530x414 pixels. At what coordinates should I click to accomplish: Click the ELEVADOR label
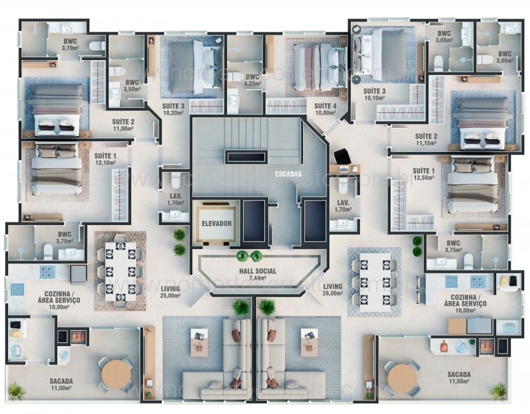(216, 223)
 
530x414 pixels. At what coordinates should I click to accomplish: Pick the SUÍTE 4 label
(325, 106)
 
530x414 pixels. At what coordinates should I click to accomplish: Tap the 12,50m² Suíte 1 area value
(423, 178)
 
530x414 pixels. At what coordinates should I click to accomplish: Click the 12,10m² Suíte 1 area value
(105, 162)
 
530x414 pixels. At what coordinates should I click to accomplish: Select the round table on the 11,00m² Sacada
(116, 374)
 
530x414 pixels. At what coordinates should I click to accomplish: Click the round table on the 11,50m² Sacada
(402, 378)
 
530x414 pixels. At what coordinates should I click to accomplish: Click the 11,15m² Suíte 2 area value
(426, 143)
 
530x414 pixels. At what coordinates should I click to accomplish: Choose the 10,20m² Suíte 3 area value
(173, 113)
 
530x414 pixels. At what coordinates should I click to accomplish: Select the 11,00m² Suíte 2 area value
(123, 128)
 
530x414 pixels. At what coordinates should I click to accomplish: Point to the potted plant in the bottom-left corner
(16, 391)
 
